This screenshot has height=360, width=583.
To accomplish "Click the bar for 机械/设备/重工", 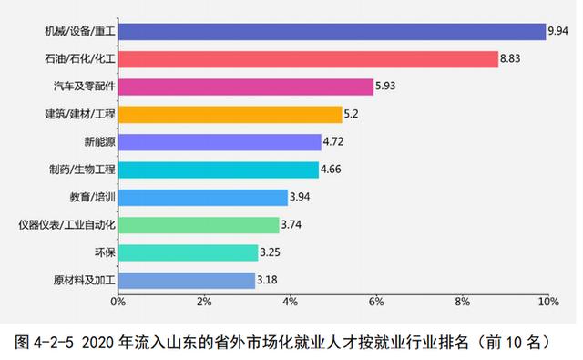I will [331, 32].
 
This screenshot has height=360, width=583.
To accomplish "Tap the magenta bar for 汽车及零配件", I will [245, 87].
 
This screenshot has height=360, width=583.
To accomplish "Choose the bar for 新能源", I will [219, 142].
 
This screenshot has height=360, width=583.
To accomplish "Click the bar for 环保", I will [187, 252].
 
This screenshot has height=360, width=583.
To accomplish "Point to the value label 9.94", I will [557, 32].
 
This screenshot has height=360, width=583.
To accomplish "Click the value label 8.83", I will [512, 59].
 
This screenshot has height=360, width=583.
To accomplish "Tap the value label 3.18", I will [269, 281].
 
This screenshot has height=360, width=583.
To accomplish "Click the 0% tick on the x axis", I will [118, 301].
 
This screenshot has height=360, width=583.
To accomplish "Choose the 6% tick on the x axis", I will [376, 301].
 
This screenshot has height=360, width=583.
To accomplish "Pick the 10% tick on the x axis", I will [547, 301].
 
